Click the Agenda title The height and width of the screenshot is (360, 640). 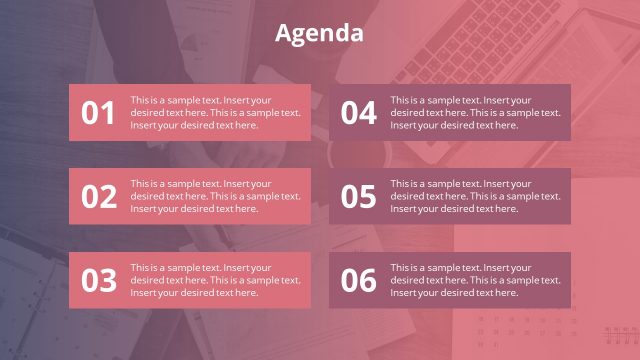[319, 33]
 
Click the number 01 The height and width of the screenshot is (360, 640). [98, 113]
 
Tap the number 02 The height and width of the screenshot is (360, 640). [98, 197]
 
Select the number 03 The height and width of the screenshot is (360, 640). [98, 281]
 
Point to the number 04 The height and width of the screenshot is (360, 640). [358, 113]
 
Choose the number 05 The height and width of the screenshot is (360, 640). [358, 197]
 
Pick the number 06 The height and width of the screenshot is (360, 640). [358, 281]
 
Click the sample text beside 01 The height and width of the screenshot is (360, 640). [215, 112]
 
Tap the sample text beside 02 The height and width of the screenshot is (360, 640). [215, 196]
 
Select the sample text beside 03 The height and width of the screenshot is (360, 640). [215, 280]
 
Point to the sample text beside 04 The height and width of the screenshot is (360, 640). [475, 112]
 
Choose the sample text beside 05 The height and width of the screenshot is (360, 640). [475, 196]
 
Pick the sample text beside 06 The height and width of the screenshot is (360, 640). [475, 280]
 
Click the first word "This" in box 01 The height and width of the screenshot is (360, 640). [139, 100]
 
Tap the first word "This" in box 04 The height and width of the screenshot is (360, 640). [399, 100]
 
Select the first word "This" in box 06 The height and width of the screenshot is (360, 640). [399, 268]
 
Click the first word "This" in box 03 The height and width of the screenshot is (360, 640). [139, 268]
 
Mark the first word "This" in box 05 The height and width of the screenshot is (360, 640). [399, 184]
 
